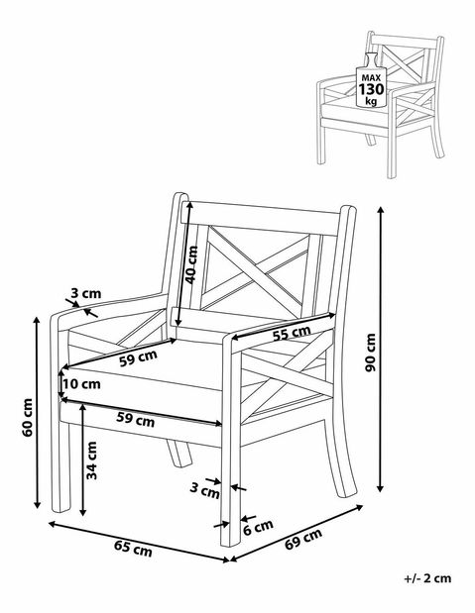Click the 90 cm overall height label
[371, 353]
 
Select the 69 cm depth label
[303, 539]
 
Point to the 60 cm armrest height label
[27, 418]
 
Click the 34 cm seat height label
[91, 460]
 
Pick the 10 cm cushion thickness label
[81, 384]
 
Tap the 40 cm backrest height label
[191, 265]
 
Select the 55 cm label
[292, 333]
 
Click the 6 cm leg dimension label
[258, 528]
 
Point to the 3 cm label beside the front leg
[205, 490]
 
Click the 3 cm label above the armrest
[85, 293]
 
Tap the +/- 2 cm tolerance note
[427, 578]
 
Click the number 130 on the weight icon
[371, 89]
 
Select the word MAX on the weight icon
[371, 78]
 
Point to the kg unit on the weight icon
[371, 101]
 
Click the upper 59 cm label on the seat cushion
[138, 358]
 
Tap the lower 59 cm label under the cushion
[136, 419]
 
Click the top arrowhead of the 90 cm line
[380, 210]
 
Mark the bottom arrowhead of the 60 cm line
[37, 504]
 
